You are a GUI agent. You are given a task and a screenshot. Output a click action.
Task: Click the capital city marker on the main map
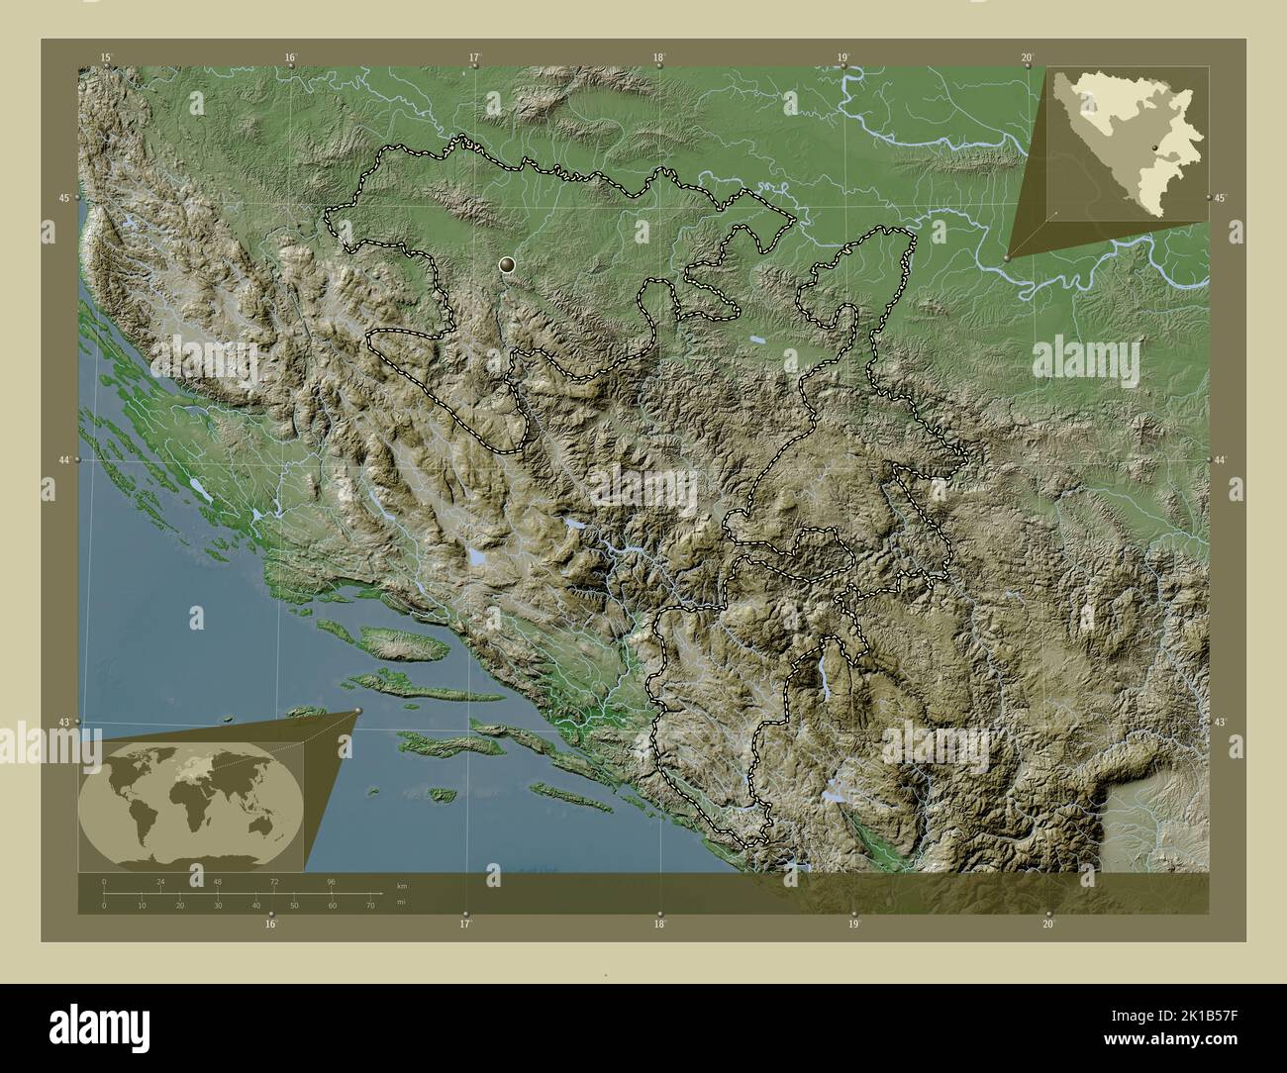pos(508,264)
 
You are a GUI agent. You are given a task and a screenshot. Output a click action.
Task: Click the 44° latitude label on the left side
pos(63,461)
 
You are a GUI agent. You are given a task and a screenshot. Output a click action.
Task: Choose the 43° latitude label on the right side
pos(1221,723)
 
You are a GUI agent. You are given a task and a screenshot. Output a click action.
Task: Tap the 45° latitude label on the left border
pos(63,199)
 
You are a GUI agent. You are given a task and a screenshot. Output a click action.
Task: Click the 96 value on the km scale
pos(331,881)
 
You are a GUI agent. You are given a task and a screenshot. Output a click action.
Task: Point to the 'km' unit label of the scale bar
pos(401,886)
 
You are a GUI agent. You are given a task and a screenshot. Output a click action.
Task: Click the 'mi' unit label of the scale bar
pos(401,902)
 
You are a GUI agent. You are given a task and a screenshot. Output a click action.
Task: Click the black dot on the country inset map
pos(1154,147)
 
